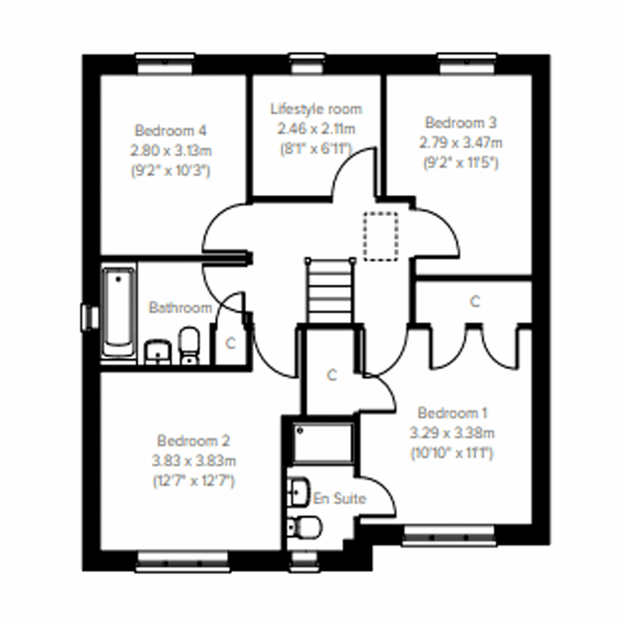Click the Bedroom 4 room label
pos(171,130)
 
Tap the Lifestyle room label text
pos(316,109)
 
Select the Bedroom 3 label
pos(461,123)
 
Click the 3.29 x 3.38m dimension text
pos(452,433)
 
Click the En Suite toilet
pos(304,526)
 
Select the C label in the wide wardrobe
pos(474,302)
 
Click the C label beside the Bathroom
pos(230,343)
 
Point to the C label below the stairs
pos(332,375)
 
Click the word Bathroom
pos(180,308)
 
